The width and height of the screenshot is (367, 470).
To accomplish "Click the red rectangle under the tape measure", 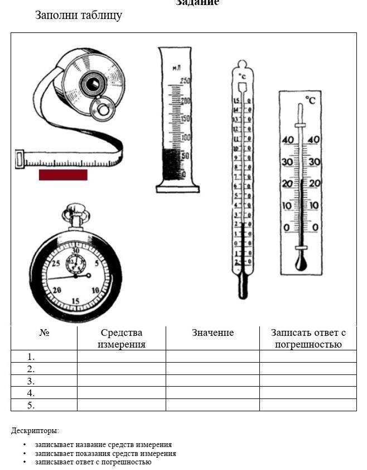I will click(63, 175).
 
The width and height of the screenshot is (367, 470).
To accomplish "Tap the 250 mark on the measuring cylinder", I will click(185, 82).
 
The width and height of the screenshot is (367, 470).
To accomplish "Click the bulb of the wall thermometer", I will click(301, 263).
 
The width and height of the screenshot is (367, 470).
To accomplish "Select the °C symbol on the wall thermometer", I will click(310, 100).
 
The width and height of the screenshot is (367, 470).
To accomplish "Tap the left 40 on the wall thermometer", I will click(288, 140).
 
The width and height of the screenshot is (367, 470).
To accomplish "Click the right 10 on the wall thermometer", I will click(314, 206).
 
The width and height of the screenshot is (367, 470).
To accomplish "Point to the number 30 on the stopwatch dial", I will click(76, 251).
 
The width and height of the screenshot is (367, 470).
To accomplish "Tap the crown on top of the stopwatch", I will click(74, 212).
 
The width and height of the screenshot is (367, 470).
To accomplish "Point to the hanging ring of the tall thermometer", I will click(242, 64).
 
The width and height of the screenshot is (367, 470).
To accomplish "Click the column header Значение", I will click(213, 333).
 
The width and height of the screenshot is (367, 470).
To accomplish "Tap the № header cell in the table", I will click(44, 333).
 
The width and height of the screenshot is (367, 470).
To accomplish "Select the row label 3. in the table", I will click(31, 381).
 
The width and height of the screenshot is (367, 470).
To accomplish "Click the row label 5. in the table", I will click(31, 405).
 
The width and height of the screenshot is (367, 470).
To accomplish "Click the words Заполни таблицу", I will click(79, 15).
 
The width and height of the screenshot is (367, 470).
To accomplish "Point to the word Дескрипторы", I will click(35, 431).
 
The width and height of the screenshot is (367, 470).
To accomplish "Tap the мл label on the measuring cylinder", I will click(177, 68).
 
